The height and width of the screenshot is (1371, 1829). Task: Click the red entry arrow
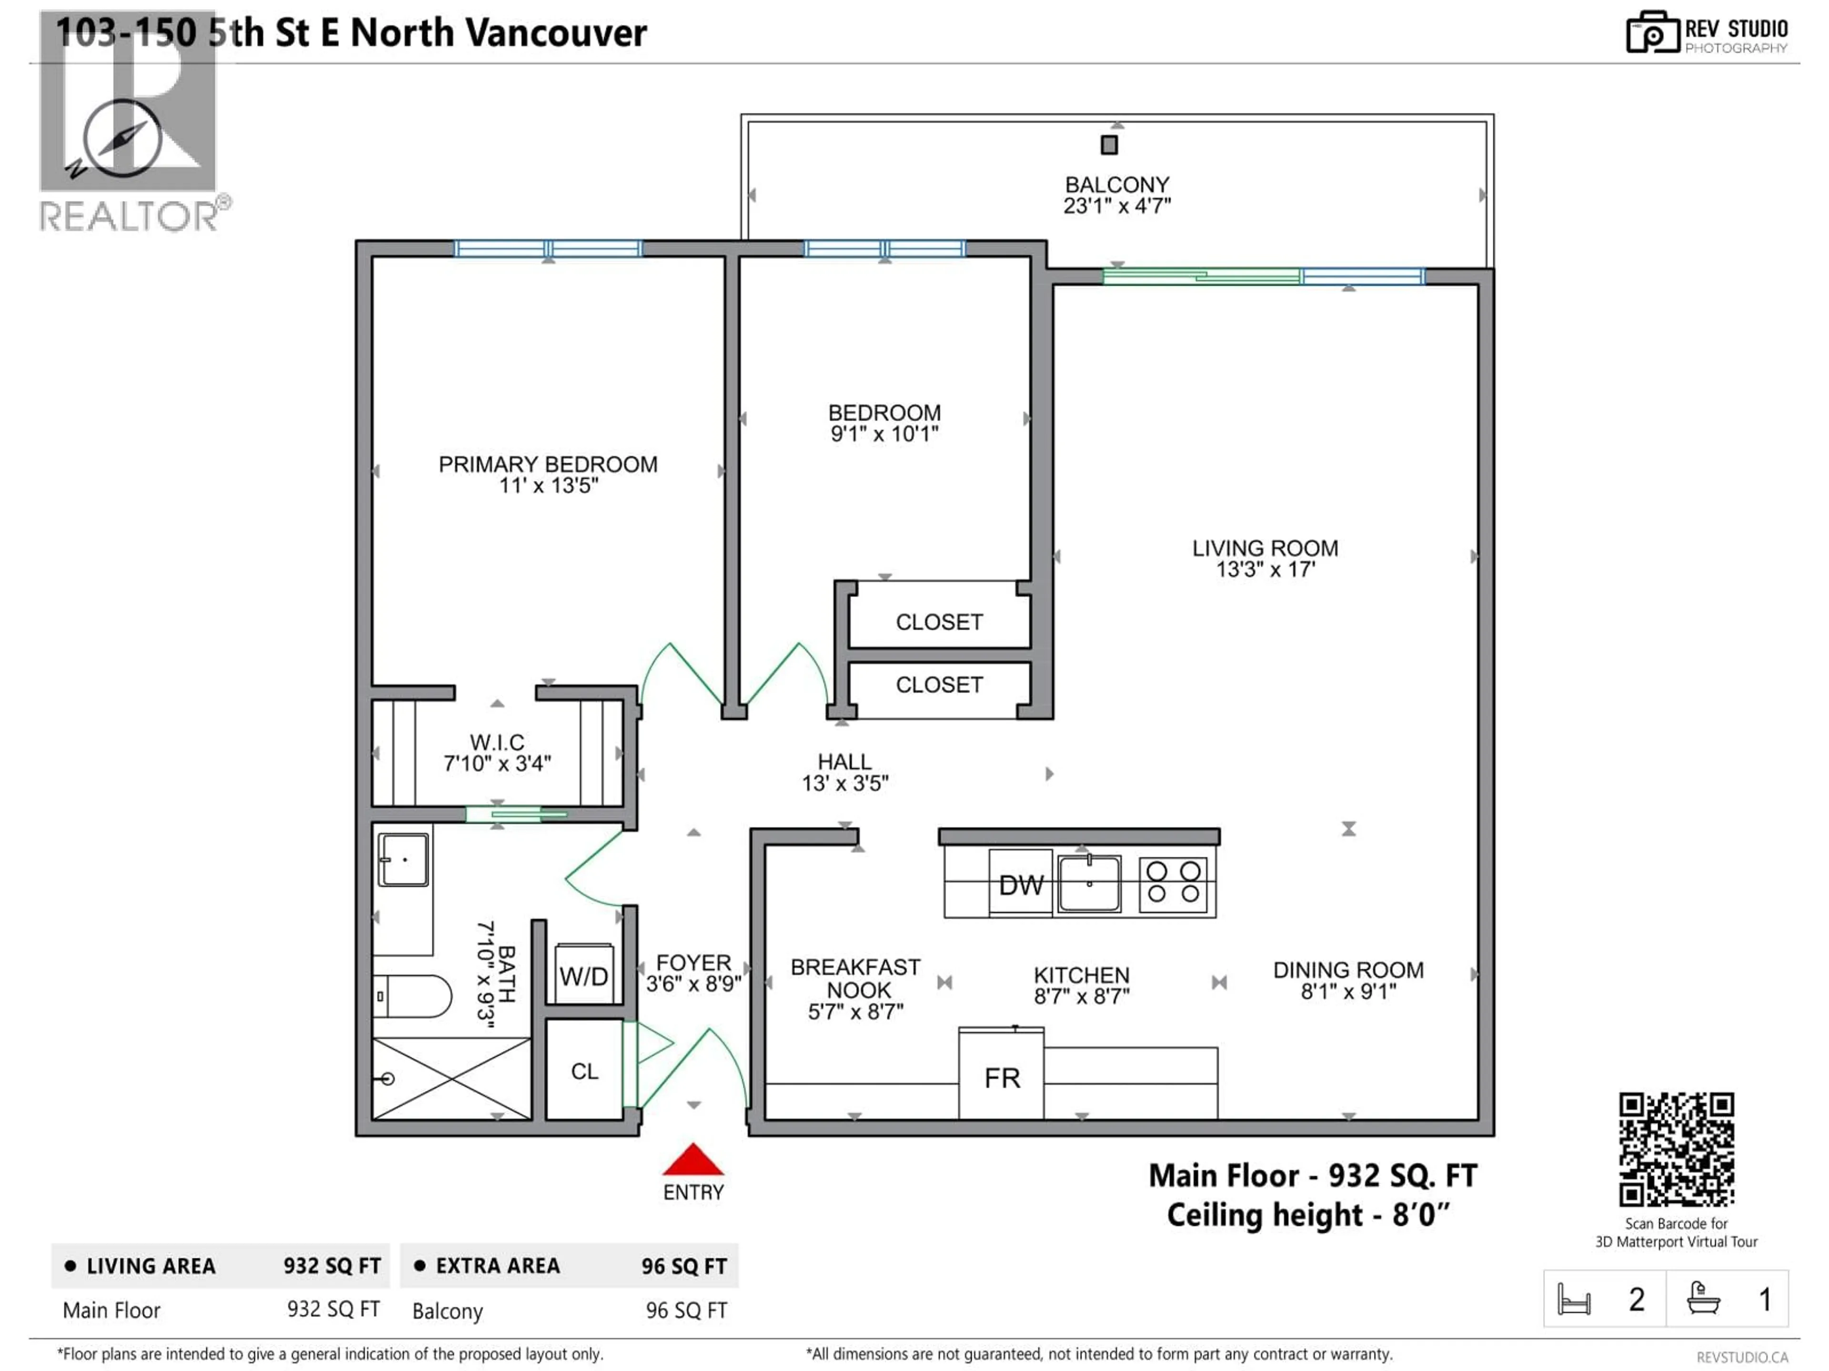pos(693,1160)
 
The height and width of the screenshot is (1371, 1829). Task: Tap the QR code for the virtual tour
pos(1676,1150)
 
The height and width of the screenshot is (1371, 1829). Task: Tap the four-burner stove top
pos(1173,883)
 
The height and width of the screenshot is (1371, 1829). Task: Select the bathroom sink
pos(402,859)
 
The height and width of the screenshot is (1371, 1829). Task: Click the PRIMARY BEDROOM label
pos(547,465)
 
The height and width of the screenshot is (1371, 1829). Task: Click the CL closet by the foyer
pos(584,1071)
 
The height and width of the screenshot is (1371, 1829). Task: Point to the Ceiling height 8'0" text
pos(1307,1215)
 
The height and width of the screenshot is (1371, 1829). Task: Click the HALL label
pos(844,761)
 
